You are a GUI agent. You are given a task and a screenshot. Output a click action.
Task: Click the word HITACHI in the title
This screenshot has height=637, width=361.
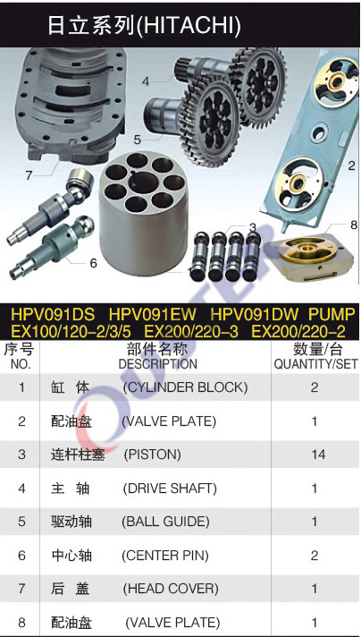189,25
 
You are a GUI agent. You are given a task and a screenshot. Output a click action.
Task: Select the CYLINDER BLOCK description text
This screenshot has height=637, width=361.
185,387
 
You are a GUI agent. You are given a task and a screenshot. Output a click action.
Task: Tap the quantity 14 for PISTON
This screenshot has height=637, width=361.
318,454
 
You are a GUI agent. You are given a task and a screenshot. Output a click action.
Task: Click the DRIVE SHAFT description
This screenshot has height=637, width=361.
170,488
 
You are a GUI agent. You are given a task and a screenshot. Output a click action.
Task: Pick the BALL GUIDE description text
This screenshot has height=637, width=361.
165,522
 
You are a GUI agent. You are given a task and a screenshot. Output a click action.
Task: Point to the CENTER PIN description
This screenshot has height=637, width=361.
165,555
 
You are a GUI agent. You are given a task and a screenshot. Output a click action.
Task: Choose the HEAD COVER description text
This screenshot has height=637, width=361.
171,589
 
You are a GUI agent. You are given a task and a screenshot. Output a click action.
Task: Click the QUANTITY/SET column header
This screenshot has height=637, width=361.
316,364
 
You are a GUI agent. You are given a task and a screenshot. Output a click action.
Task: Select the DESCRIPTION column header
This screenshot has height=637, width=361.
158,364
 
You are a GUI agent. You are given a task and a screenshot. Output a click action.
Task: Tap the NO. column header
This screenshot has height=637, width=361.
21,364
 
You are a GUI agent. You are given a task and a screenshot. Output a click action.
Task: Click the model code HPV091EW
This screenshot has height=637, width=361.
153,314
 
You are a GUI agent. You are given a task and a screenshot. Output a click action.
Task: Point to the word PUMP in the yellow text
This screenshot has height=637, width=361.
332,314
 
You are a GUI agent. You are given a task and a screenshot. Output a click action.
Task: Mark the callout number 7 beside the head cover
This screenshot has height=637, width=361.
29,176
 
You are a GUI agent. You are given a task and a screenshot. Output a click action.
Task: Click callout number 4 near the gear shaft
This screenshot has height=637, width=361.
146,81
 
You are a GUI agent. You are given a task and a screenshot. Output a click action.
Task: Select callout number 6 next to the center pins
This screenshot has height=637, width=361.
94,263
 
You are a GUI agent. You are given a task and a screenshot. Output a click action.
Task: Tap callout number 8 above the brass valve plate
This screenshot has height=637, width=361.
353,225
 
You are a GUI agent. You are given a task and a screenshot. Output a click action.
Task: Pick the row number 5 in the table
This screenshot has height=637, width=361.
21,522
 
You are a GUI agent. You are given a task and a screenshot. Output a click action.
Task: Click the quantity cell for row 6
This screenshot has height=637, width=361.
315,555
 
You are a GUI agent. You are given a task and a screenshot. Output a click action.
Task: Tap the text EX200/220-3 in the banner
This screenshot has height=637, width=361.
191,332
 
